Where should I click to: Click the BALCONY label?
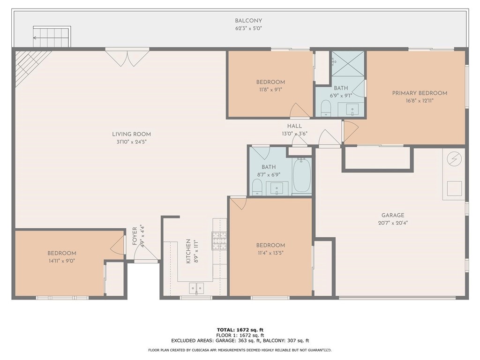(248, 21)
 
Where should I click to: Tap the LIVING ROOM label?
(131, 134)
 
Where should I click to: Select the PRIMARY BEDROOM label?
(420, 93)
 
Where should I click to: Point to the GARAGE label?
(393, 215)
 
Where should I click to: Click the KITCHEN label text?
(188, 251)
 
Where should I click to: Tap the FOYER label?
(135, 236)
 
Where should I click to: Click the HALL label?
(294, 126)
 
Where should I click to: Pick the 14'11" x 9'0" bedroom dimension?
(61, 261)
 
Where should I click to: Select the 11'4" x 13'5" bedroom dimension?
(270, 253)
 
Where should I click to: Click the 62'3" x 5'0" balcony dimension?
(248, 29)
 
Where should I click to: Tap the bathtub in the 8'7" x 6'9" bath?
(302, 175)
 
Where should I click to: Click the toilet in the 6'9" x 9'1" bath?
(326, 109)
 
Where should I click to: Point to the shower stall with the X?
(349, 63)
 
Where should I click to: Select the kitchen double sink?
(196, 288)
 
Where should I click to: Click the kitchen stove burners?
(219, 240)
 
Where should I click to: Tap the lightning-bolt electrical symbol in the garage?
(454, 159)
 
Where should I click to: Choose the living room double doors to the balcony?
(127, 57)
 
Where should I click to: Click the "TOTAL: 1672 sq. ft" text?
(240, 330)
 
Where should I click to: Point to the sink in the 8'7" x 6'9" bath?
(277, 188)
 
